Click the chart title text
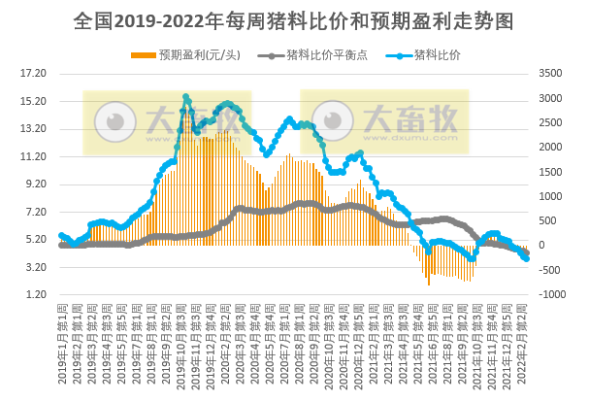click(x=293, y=20)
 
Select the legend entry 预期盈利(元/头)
click(x=191, y=54)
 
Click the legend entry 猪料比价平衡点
click(x=311, y=54)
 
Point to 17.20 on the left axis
click(x=34, y=73)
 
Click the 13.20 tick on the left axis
click(x=34, y=128)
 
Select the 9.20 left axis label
click(x=34, y=184)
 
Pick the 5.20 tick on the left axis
click(x=34, y=239)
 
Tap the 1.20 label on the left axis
click(x=34, y=294)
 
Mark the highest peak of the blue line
click(x=185, y=97)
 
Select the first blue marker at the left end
click(x=61, y=235)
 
